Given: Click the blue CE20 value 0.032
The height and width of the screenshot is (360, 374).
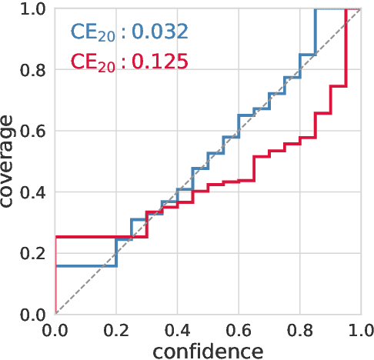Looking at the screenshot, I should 159,32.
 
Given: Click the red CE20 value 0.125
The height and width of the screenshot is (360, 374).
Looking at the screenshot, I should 159,61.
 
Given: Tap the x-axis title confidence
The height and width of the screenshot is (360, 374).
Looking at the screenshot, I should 208,351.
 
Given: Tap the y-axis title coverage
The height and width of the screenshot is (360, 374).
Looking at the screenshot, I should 10,162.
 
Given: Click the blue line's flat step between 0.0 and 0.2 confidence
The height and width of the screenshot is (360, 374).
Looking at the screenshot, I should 85,265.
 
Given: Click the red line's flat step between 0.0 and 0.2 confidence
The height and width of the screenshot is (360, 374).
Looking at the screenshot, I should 85,237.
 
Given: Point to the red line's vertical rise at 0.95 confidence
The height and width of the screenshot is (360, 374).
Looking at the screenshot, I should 346,46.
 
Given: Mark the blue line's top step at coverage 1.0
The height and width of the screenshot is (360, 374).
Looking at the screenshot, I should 331,9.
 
